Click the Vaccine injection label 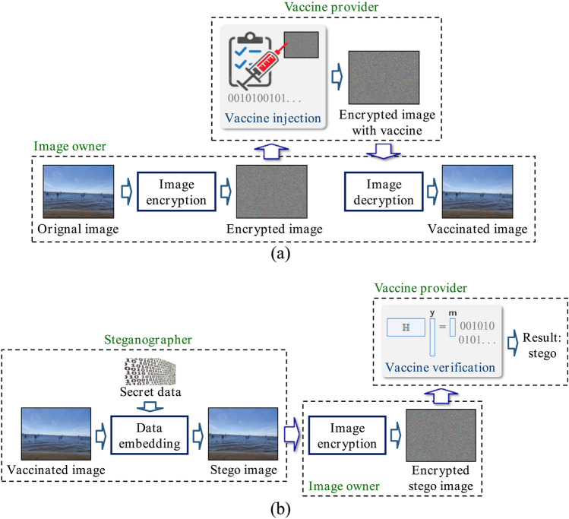click(x=270, y=119)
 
